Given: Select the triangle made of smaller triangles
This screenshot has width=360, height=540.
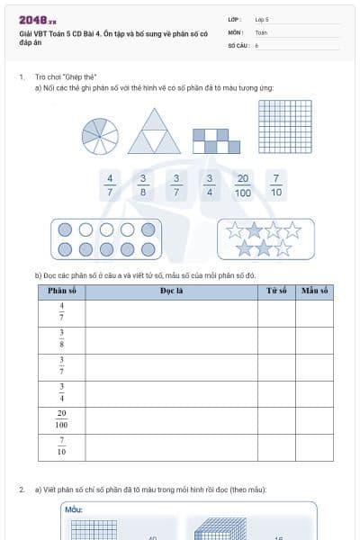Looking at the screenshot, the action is coord(154,131).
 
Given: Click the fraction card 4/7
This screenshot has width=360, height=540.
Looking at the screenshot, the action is coord(111,184).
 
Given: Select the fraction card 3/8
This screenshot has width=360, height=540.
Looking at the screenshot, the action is coord(143,184).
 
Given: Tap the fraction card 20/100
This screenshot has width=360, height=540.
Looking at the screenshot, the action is coord(243,184).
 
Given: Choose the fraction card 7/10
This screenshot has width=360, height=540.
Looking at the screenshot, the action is coord(276,184).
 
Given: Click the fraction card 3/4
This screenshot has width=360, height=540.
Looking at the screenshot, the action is coord(210,184).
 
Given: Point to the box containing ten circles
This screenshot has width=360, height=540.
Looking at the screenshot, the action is coord(107,239).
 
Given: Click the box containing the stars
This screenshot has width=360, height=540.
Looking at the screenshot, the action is coord(265,238).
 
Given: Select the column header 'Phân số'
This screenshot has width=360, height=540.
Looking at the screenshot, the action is coord(61,291).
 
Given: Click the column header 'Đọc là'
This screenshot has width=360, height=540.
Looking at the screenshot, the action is coord(172,291).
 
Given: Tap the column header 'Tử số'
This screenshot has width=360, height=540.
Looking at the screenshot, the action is coord(276,291).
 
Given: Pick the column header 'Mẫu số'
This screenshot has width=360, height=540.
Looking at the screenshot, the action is coord(314,291).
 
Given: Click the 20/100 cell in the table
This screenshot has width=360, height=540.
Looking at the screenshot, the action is coord(61,419).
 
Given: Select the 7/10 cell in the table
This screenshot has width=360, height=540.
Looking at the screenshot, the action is coord(61,446).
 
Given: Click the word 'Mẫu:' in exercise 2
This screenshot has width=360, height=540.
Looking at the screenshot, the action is coord(74,509).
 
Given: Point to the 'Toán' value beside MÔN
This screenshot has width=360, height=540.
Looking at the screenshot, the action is coord(261,31).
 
